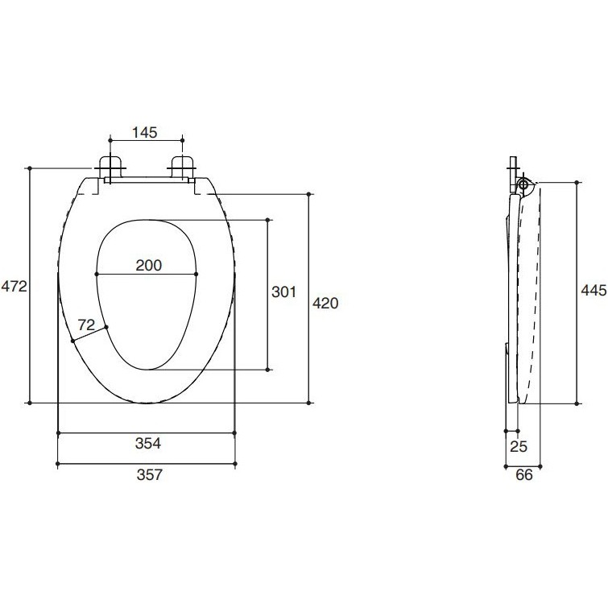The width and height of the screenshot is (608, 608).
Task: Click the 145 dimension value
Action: [x=145, y=133]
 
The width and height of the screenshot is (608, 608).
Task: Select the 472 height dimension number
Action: [x=14, y=287]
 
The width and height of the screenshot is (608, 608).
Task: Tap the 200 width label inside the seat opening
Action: [x=148, y=265]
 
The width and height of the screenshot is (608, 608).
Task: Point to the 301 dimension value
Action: [x=283, y=292]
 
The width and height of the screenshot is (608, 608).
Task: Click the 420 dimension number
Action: [x=325, y=303]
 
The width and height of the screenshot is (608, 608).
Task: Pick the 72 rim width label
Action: [x=86, y=325]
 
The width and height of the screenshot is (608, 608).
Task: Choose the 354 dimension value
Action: [x=147, y=443]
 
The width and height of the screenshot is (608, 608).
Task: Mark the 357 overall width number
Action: [x=149, y=474]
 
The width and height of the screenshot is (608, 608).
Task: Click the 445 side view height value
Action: [x=594, y=290]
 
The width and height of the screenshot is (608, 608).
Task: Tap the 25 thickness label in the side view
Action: [x=519, y=447]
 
